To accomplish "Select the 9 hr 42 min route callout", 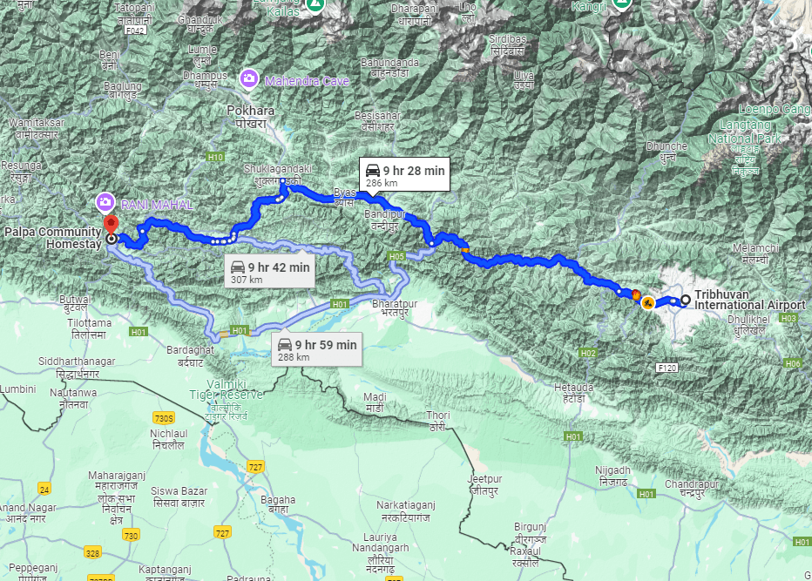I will (270, 273).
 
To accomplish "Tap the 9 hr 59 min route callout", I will (317, 350).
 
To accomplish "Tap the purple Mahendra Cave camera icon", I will (249, 80).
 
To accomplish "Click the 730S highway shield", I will (163, 418).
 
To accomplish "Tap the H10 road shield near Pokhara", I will (215, 157).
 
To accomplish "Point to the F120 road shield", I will (668, 368).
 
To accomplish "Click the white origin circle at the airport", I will (686, 301).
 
